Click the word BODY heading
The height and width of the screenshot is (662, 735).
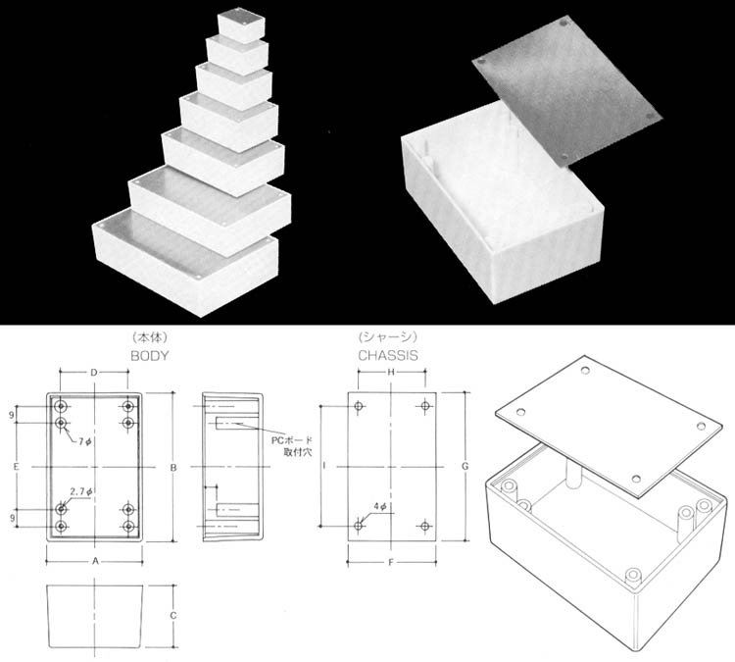click(150, 356)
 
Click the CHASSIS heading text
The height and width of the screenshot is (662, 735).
click(388, 356)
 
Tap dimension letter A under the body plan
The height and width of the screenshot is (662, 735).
click(95, 561)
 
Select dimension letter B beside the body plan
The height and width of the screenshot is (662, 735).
click(173, 467)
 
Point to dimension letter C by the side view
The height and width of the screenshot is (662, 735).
click(173, 615)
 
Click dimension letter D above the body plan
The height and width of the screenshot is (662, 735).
click(94, 373)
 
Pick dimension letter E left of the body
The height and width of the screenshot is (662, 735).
click(16, 467)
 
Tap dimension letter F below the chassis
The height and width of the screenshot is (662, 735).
click(391, 562)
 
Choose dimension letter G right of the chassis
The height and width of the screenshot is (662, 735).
click(465, 467)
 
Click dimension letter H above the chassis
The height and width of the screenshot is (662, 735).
click(390, 372)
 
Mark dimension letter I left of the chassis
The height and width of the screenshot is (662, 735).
click(324, 466)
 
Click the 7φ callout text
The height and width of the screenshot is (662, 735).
click(85, 441)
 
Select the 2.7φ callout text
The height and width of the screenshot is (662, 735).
click(81, 491)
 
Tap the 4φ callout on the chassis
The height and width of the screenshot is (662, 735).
click(380, 507)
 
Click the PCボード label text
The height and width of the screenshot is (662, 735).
click(292, 440)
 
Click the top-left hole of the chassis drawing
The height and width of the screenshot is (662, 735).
click(359, 406)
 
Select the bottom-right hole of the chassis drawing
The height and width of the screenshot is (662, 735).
click(424, 526)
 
